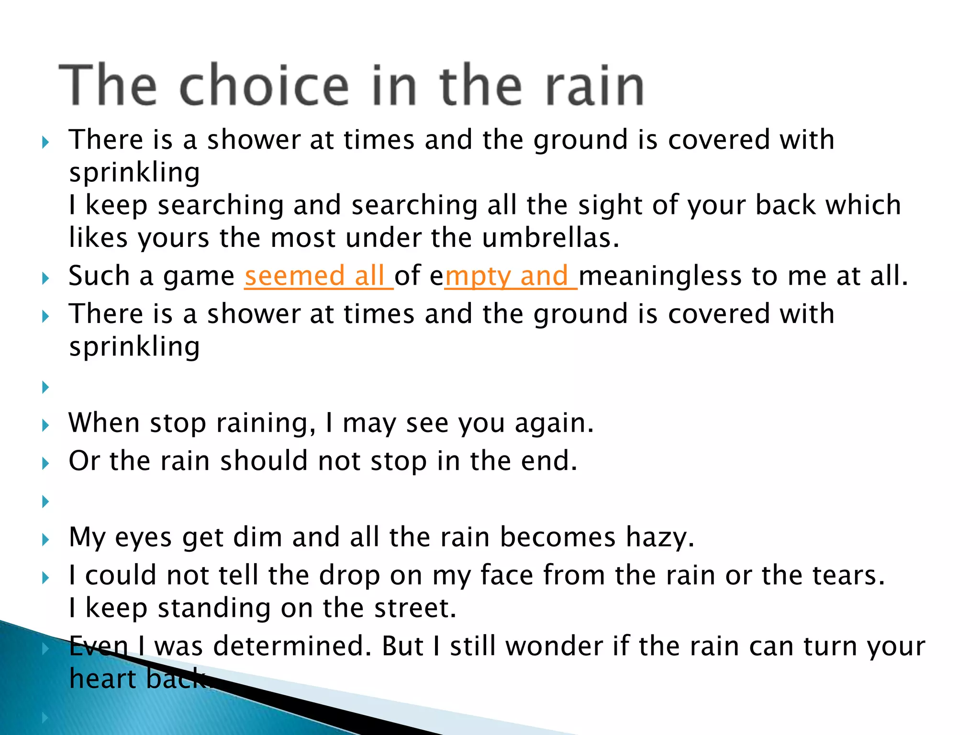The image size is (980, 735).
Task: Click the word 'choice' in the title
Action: [264, 86]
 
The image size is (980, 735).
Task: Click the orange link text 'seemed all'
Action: [318, 276]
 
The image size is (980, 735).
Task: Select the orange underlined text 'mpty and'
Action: [510, 276]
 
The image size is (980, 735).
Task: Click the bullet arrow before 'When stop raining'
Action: [45, 425]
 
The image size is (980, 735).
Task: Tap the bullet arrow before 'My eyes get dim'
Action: [45, 540]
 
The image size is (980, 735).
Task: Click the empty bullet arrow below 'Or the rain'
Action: [45, 501]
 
